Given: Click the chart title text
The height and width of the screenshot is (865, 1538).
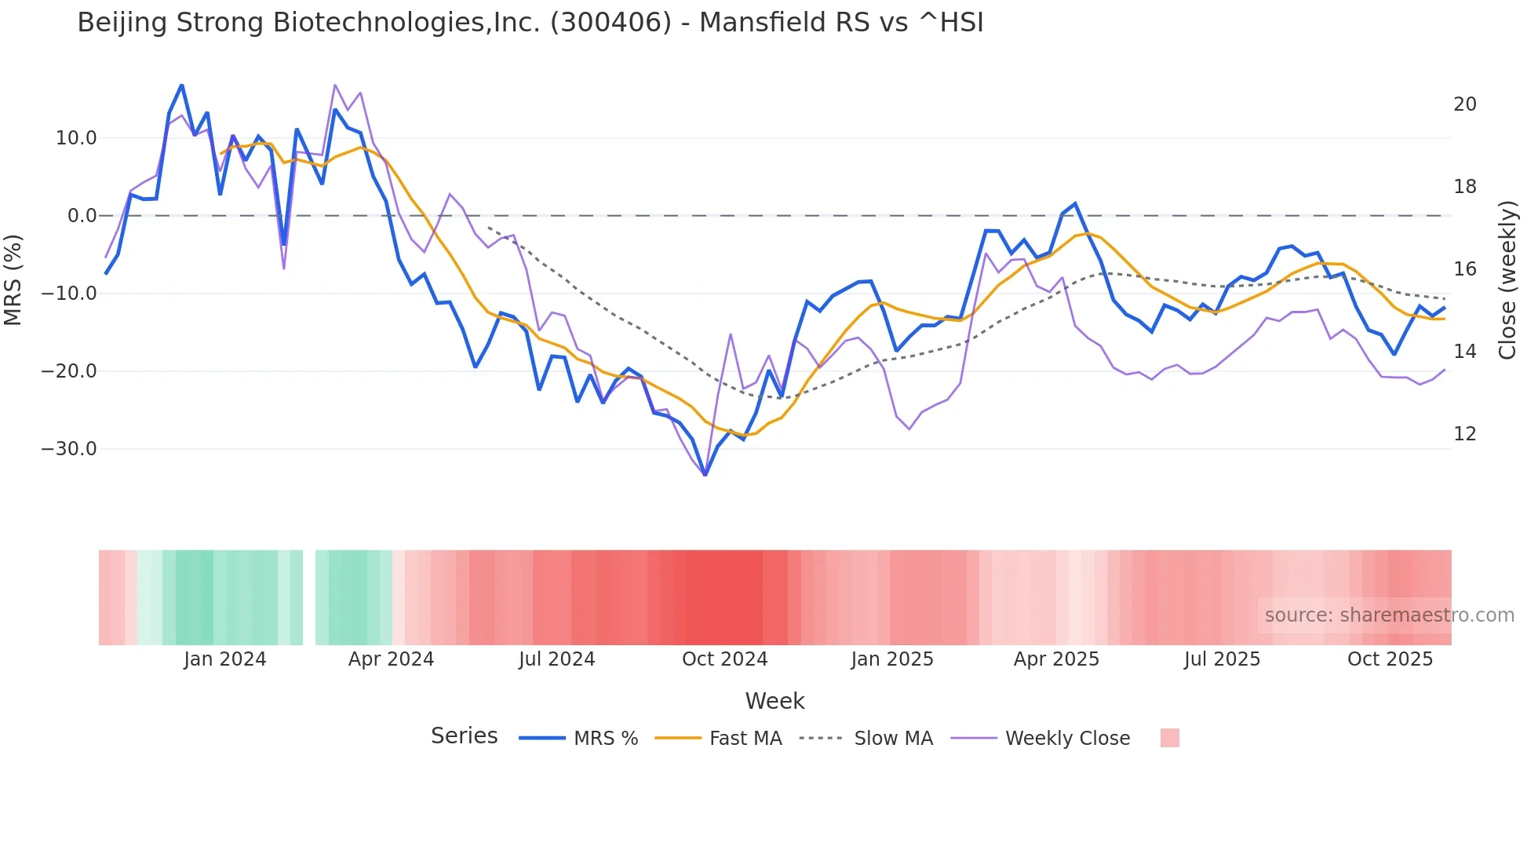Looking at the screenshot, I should coord(530,23).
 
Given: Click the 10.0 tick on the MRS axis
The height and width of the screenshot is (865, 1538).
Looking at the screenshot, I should coord(76,138).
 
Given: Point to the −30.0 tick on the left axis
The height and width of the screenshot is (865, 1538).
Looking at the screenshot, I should coord(70,449).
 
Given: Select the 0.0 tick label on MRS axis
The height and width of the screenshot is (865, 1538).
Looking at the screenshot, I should coord(82,216).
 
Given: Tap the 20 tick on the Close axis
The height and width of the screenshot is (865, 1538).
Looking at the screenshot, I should coord(1464,104).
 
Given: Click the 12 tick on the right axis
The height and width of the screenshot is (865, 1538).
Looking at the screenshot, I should coord(1464,434).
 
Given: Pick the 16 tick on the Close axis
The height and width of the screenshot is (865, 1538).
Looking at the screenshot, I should coord(1464,269).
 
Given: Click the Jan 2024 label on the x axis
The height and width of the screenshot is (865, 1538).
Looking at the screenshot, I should coord(225,659).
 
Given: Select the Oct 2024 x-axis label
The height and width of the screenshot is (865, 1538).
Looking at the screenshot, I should coord(724,659).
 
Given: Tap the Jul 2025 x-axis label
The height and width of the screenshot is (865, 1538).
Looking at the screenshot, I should coord(1222,659).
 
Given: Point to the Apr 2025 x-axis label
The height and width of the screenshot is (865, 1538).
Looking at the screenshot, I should coord(1056,659).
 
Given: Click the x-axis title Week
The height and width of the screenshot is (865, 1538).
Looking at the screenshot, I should coord(774,701).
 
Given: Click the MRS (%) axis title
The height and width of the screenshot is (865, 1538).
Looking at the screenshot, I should coord(13,279).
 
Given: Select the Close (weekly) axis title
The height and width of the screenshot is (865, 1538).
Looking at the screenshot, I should coord(1507,279).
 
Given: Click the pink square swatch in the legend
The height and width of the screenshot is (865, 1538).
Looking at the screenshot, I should coord(1169,738).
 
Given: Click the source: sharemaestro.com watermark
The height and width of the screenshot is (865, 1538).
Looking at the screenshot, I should coord(1389,615).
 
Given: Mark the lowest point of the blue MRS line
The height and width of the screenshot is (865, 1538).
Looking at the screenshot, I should coord(705,475).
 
